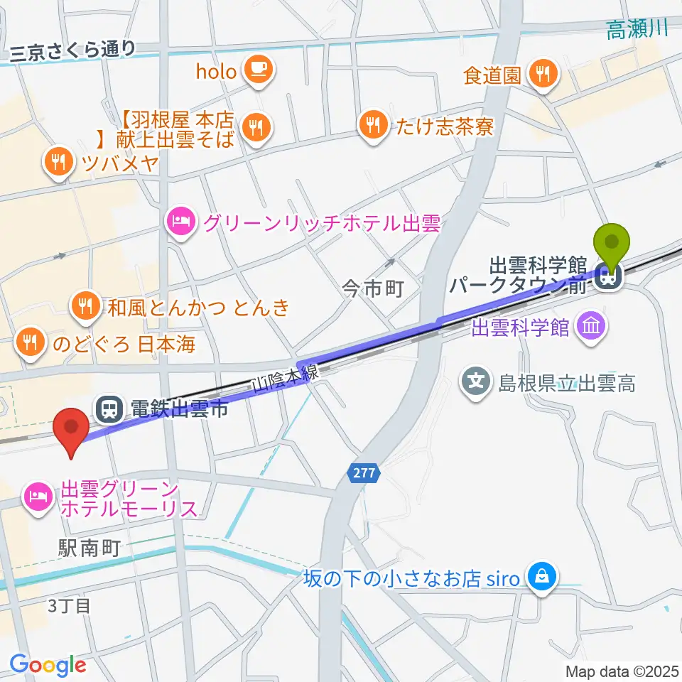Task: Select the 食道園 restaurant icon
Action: click(x=543, y=74)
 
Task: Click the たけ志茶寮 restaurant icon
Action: click(x=372, y=126)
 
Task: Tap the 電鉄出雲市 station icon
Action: click(x=109, y=408)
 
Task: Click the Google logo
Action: click(x=48, y=665)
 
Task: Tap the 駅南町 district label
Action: click(x=89, y=547)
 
